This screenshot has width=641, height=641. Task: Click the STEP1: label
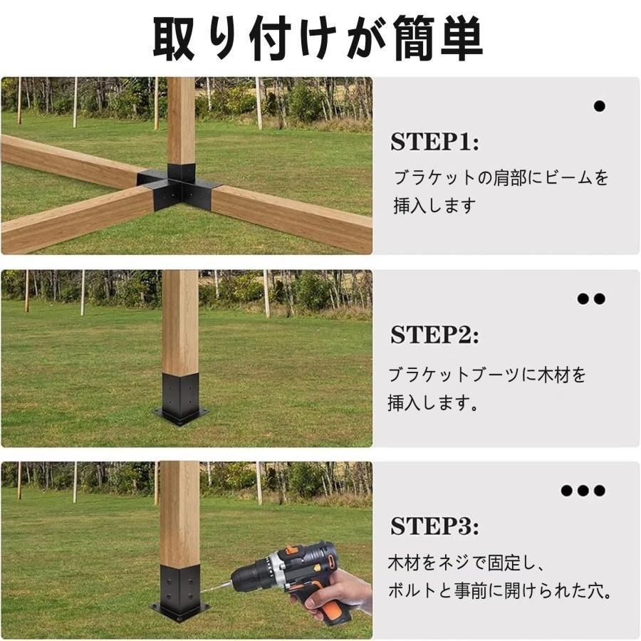(x=434, y=142)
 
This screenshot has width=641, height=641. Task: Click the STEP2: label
(x=434, y=335)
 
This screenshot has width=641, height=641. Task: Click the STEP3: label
(x=434, y=527)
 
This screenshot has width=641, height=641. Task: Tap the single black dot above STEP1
(x=599, y=106)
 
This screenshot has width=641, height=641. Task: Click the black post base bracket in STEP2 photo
(x=181, y=399)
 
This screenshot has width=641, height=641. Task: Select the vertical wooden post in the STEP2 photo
(x=180, y=320)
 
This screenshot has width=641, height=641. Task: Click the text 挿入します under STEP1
(x=434, y=207)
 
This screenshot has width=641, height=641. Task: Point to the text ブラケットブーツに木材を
(x=486, y=375)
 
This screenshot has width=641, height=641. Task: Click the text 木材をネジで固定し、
(x=466, y=563)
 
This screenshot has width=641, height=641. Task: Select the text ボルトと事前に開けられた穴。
(x=501, y=592)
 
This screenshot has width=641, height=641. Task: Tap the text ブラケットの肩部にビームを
(x=501, y=178)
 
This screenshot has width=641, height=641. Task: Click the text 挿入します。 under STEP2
(x=432, y=404)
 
